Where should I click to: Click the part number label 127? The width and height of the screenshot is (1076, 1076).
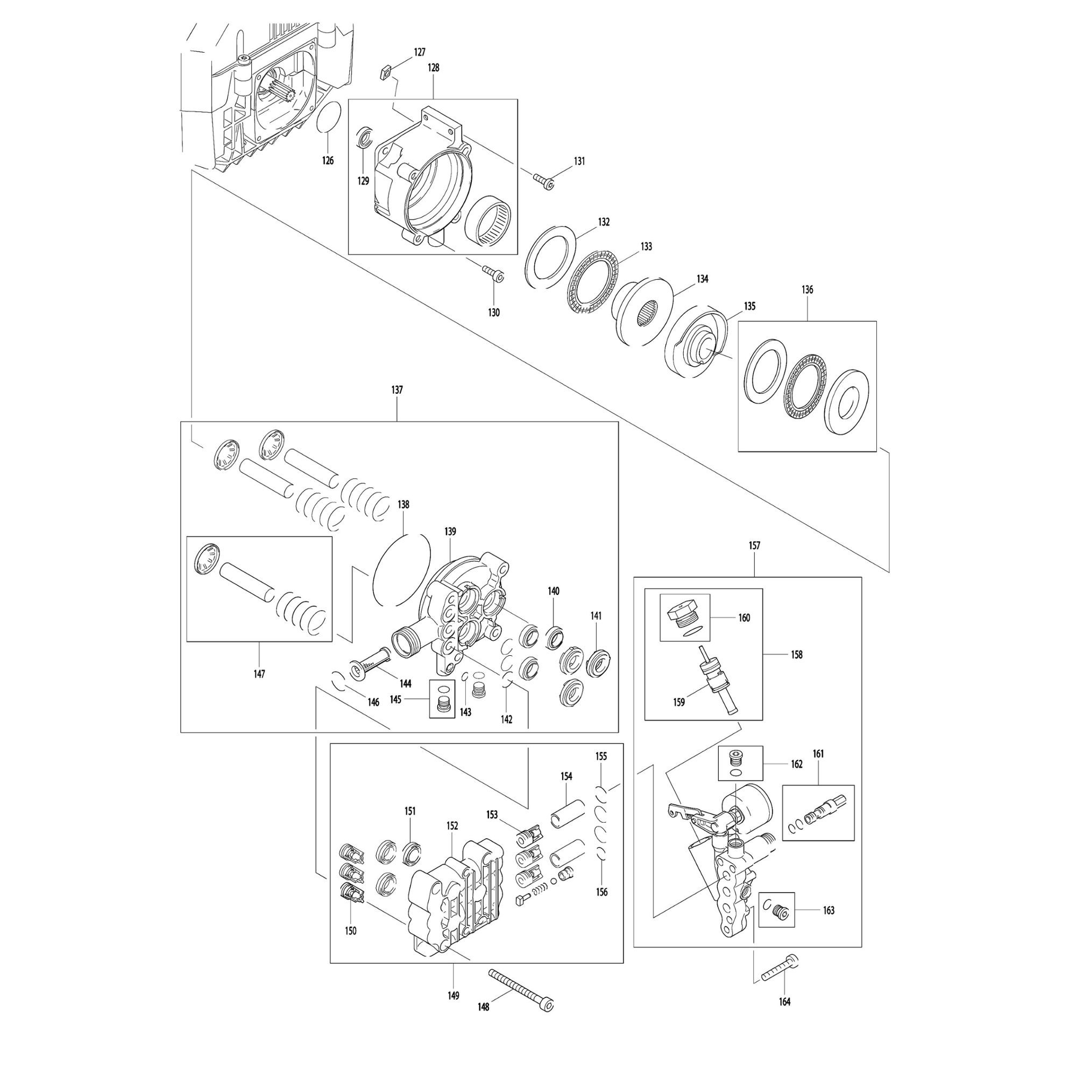(x=420, y=52)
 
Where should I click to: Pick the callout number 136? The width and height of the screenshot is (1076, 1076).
(x=807, y=289)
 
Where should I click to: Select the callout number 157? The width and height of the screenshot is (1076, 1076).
(x=754, y=546)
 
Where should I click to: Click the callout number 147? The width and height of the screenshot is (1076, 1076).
(x=259, y=674)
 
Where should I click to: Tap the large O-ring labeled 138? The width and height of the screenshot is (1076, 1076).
(x=401, y=568)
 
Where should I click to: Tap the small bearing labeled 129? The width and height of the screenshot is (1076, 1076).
(x=363, y=137)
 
